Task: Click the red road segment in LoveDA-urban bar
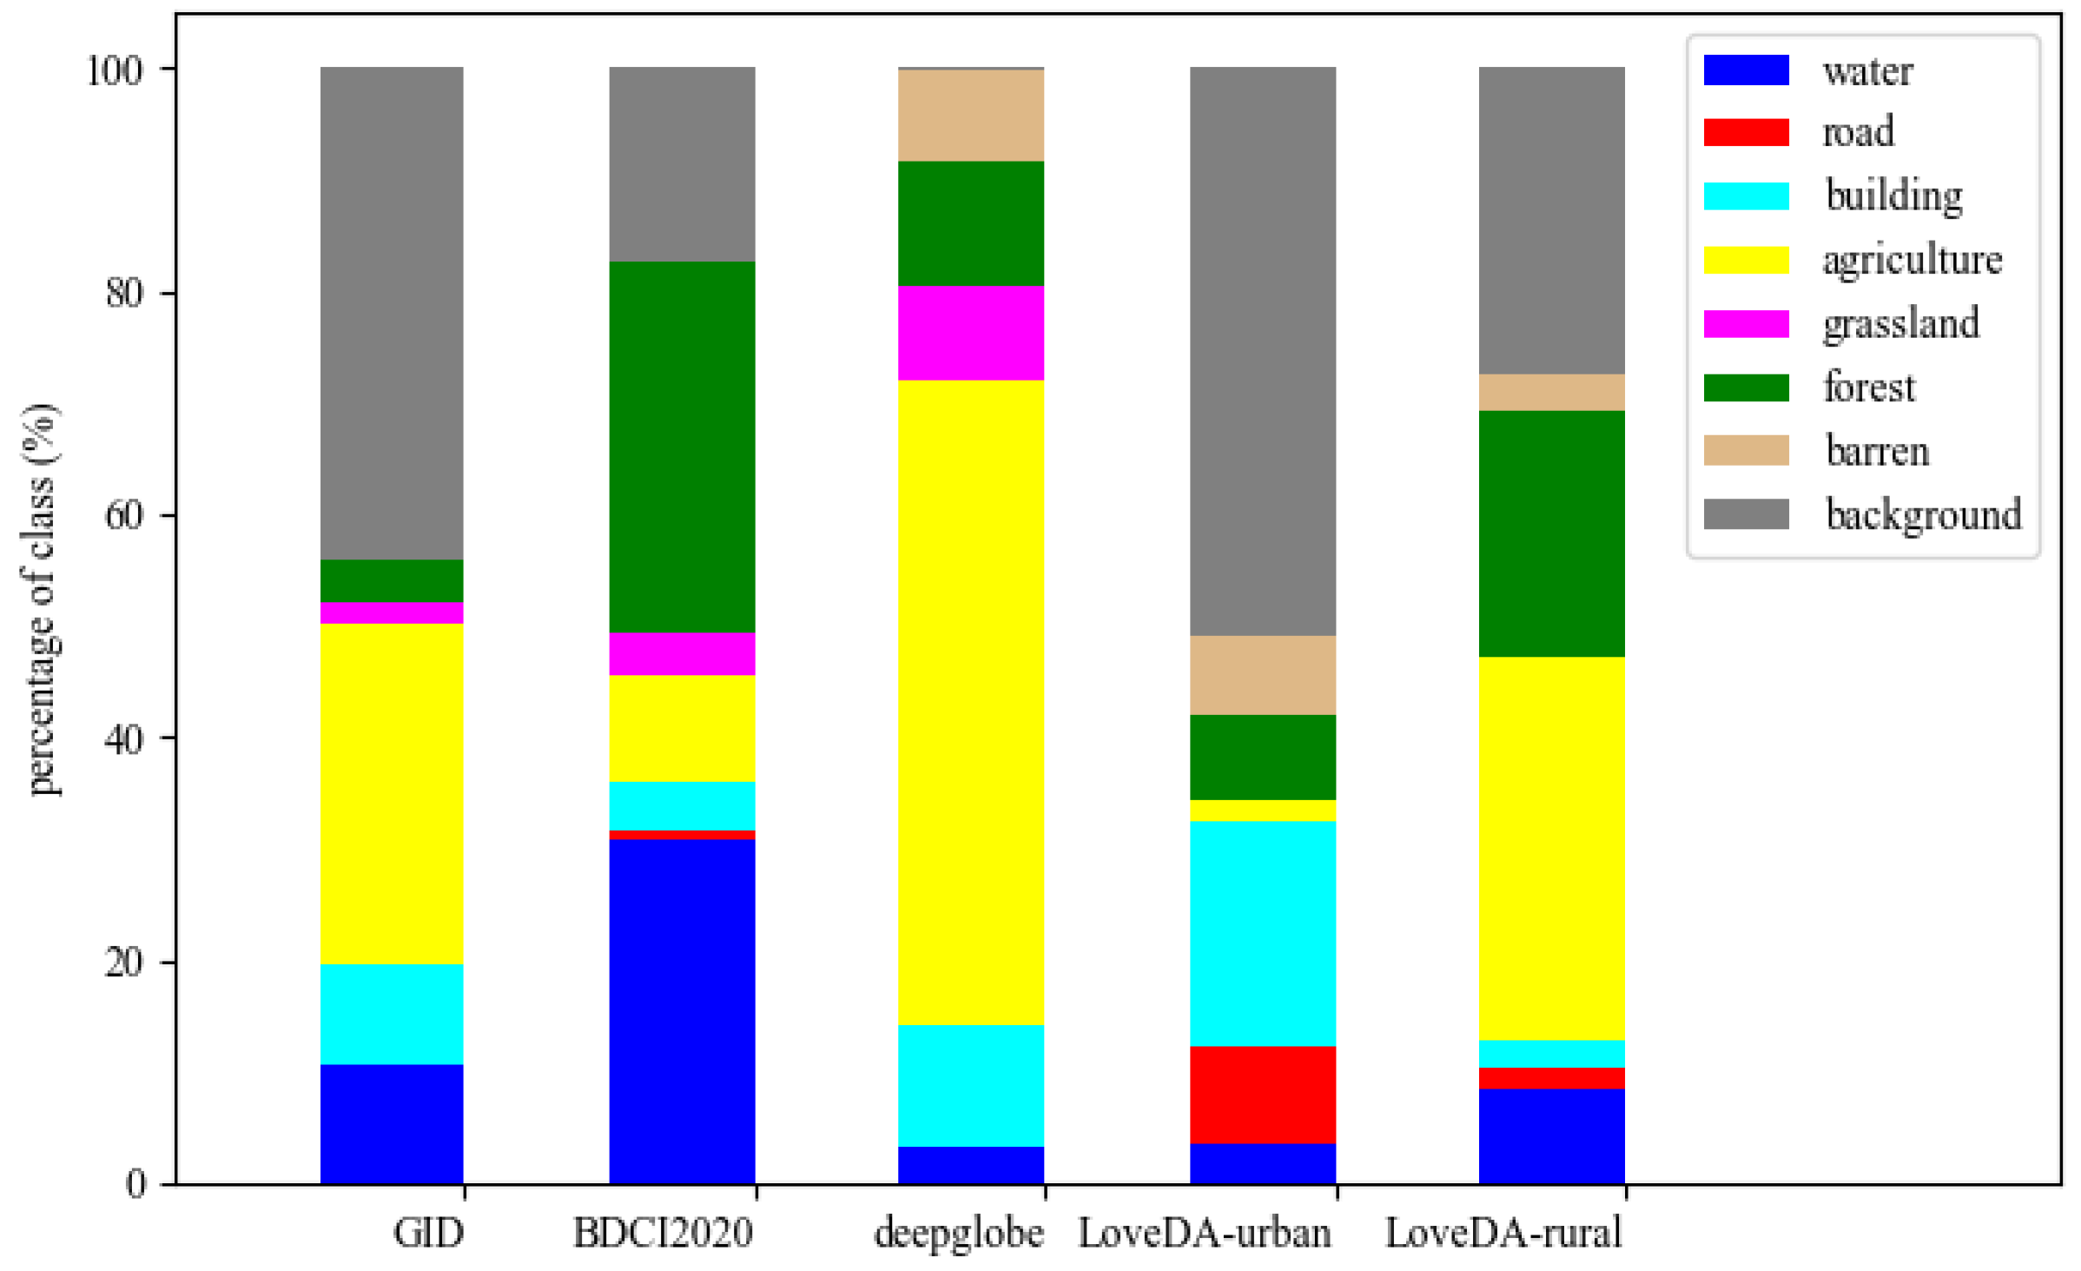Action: (1262, 1094)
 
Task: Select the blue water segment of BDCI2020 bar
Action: (682, 1010)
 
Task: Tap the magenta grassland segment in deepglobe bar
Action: (970, 333)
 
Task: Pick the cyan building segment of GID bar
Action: (392, 1013)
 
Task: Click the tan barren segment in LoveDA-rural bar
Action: (1551, 392)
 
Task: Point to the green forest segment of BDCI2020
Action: (682, 447)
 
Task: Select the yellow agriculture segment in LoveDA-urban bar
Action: (1262, 810)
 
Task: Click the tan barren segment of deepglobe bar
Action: (970, 115)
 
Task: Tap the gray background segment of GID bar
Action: (392, 313)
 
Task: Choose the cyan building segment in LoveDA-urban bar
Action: (1262, 933)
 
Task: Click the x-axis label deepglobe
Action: (959, 1233)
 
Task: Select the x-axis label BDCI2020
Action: (663, 1233)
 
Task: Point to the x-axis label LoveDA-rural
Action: (1503, 1233)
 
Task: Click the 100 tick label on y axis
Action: (114, 70)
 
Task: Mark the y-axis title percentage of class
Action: (40, 599)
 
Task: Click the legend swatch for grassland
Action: (1746, 323)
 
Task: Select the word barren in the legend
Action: (1877, 451)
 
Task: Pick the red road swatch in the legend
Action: (1746, 132)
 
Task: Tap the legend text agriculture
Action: (1912, 260)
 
